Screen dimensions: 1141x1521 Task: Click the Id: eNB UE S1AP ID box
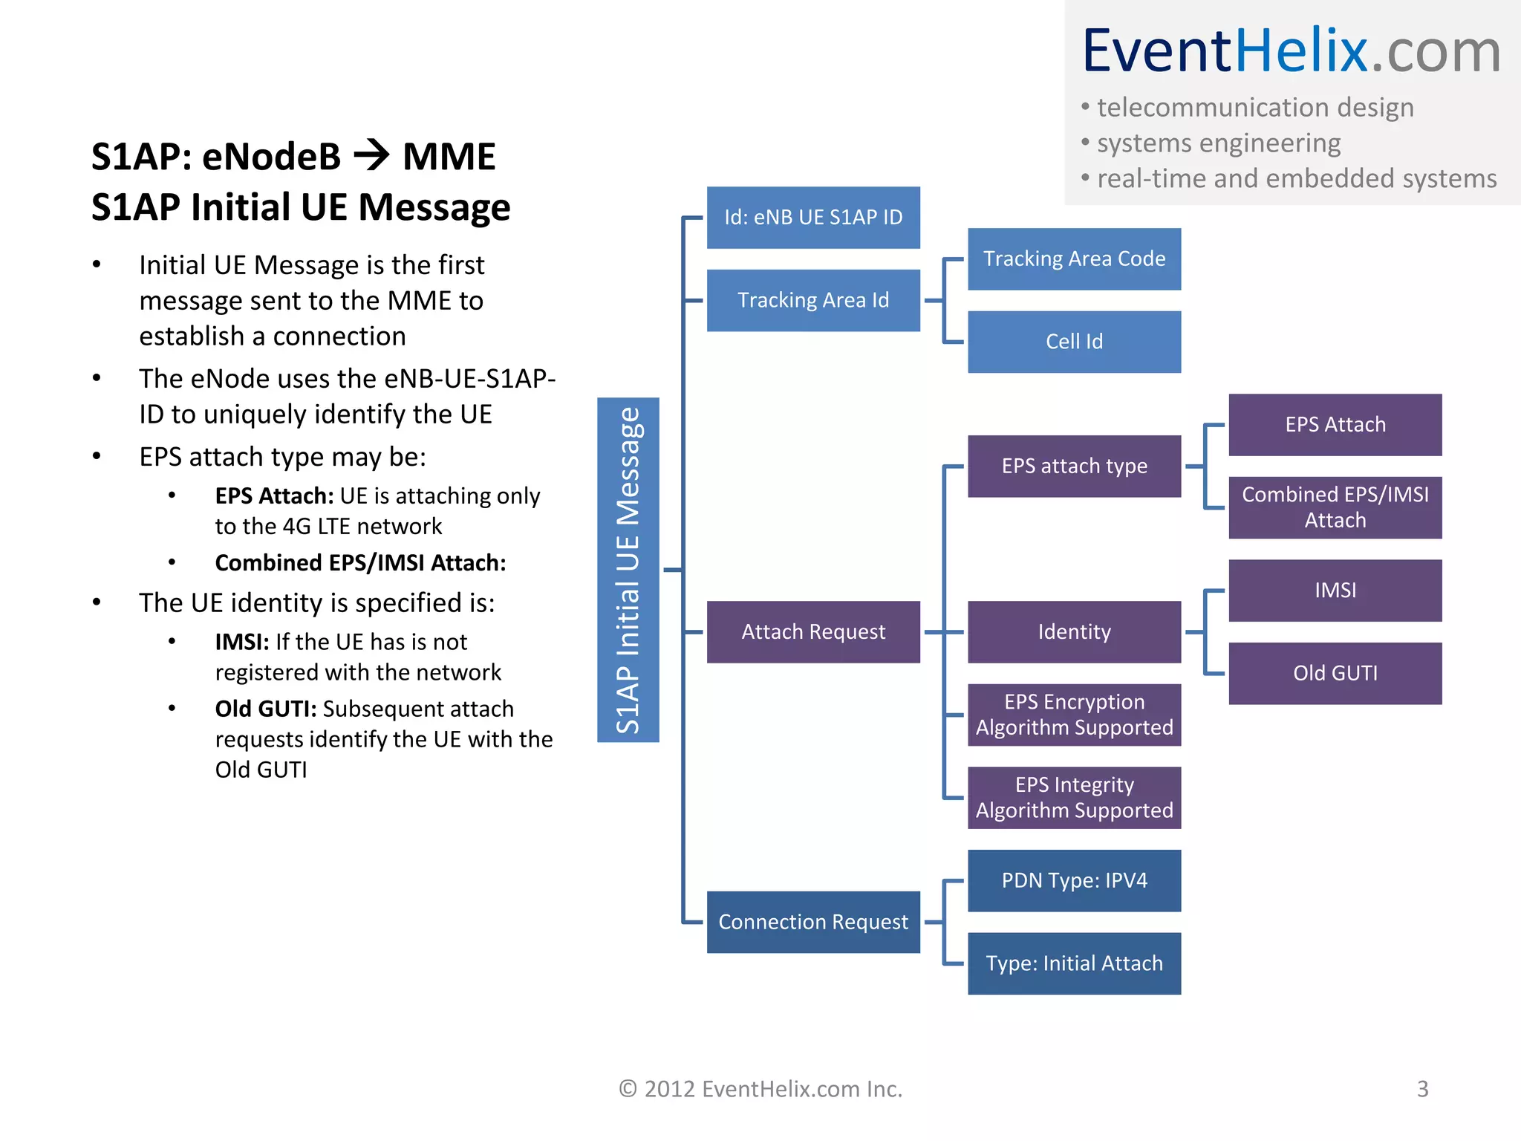[813, 217]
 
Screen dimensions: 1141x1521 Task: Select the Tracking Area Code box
[1074, 259]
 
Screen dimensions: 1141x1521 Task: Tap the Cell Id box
[1074, 342]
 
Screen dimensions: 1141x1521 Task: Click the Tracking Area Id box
[813, 300]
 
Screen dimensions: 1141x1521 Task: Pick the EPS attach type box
[1074, 466]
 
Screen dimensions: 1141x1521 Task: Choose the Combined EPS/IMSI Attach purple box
[1335, 507]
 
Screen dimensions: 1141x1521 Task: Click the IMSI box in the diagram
[1335, 591]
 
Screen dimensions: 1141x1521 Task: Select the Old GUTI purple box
[1335, 673]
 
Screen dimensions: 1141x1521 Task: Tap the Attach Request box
[813, 631]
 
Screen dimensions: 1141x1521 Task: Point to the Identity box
[1074, 631]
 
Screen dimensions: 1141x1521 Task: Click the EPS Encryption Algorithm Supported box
[1074, 715]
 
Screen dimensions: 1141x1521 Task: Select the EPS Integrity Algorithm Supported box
[1074, 798]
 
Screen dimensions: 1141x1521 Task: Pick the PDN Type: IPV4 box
[1074, 880]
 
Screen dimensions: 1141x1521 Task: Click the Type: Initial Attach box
[1074, 963]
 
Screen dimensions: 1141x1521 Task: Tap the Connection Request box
[813, 922]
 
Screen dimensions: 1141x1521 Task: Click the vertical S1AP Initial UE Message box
[628, 570]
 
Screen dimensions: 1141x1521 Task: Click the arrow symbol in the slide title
[371, 156]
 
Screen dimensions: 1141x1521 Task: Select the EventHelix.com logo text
[1291, 51]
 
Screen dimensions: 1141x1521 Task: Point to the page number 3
[1422, 1089]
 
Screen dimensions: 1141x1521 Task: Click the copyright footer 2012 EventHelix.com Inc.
[760, 1089]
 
